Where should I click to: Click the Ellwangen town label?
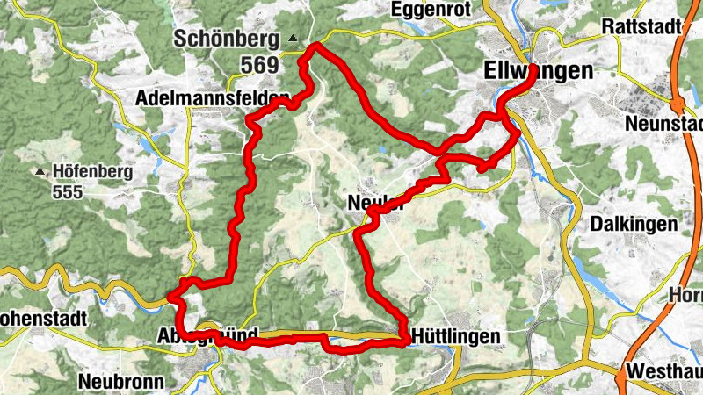538,70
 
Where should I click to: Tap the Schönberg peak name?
228,39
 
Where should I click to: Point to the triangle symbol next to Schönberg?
294,39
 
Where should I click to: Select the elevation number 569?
260,64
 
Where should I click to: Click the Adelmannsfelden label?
214,99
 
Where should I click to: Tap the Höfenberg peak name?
92,171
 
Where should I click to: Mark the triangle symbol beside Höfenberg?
40,171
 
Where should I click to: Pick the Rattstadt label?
642,27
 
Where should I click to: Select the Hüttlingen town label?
456,336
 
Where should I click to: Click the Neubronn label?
120,382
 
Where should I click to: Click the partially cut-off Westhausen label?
664,370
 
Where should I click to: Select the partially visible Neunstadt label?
664,124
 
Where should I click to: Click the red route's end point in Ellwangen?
533,77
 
